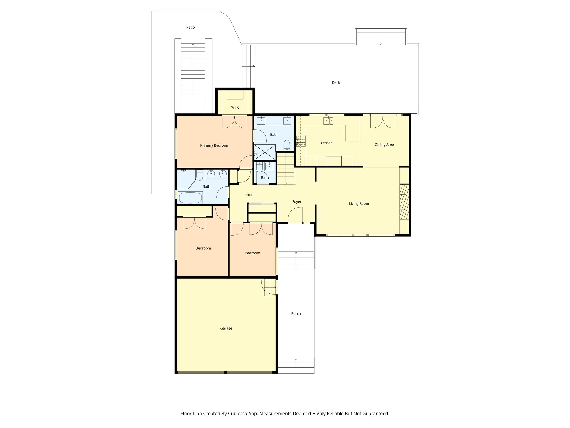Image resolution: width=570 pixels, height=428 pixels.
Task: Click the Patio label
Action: click(x=190, y=27)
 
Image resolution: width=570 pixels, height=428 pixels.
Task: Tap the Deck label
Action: click(x=336, y=82)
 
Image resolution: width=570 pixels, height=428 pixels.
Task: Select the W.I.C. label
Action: click(x=236, y=107)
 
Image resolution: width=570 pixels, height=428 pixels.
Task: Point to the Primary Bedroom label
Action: click(x=215, y=145)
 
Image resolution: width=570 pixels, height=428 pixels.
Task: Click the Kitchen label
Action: click(x=326, y=143)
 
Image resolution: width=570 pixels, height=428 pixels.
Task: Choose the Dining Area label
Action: click(x=384, y=144)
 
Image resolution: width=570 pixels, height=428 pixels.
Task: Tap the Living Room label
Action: click(x=359, y=204)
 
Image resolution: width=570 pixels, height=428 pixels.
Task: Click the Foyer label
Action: click(x=297, y=202)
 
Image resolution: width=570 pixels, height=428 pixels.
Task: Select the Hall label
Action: click(x=249, y=195)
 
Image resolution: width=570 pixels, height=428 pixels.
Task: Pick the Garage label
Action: click(x=226, y=328)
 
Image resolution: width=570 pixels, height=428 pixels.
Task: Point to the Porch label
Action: click(x=296, y=313)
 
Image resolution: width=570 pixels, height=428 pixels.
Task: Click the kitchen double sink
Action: click(x=328, y=121)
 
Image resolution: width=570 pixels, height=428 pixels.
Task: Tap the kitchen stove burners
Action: click(x=301, y=141)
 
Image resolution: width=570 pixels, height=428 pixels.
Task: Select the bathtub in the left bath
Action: click(x=190, y=198)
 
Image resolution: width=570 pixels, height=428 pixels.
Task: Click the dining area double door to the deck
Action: click(x=382, y=122)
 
